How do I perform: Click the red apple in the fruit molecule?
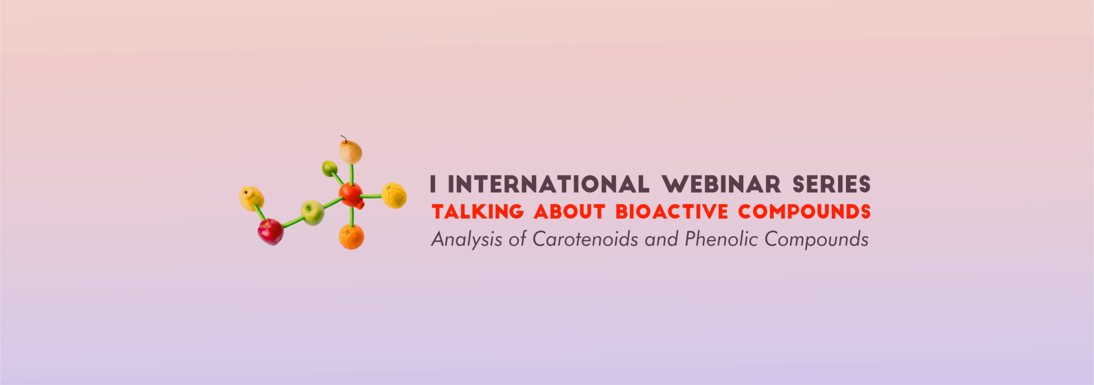click(271, 232)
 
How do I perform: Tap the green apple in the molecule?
click(312, 212)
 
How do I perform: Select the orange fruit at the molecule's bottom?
click(352, 237)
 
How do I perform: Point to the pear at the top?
click(350, 151)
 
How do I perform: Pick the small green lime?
click(329, 168)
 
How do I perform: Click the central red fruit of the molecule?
click(352, 196)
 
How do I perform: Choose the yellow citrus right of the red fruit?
click(394, 195)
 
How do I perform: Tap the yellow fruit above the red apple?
click(251, 198)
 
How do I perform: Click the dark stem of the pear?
click(344, 139)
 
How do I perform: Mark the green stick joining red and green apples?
click(293, 222)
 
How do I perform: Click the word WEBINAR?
click(721, 184)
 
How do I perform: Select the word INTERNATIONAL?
click(548, 184)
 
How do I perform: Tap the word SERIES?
click(831, 184)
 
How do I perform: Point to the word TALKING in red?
click(477, 212)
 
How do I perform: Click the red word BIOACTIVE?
click(672, 212)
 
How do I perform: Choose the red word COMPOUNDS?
click(805, 212)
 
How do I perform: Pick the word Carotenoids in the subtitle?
click(585, 239)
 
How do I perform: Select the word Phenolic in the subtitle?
click(721, 239)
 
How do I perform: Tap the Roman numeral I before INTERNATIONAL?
click(434, 184)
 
